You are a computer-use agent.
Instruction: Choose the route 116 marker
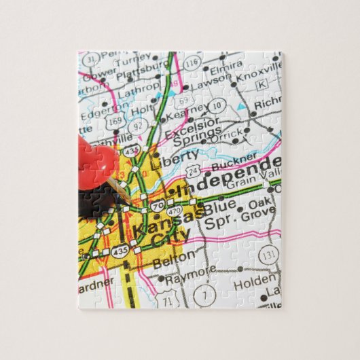(x=192, y=63)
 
